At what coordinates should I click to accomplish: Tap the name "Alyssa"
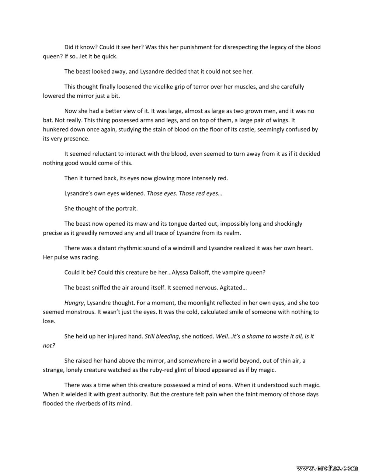[x=182, y=272]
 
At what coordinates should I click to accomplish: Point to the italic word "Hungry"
[x=74, y=303]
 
